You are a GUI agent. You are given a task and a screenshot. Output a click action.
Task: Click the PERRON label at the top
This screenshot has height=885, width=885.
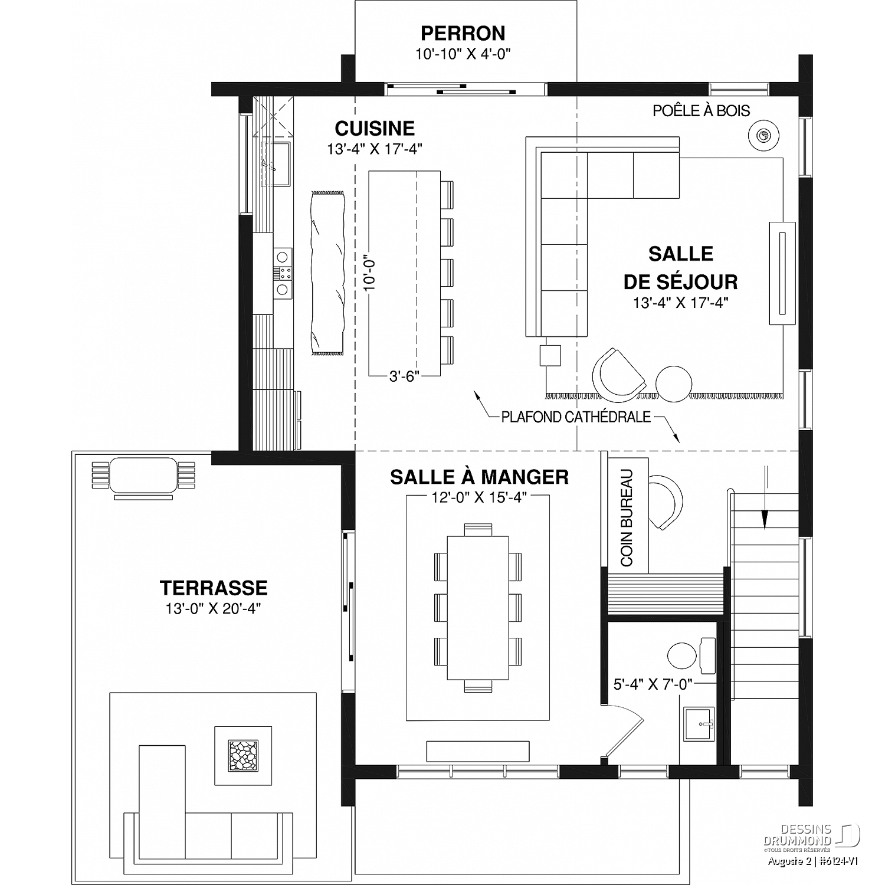tap(463, 32)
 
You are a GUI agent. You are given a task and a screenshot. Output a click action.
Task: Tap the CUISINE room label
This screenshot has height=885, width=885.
tap(375, 128)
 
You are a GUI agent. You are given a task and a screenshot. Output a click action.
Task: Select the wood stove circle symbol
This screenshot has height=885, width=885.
tap(763, 136)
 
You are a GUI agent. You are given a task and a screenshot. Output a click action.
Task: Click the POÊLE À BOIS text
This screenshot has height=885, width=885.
tap(702, 110)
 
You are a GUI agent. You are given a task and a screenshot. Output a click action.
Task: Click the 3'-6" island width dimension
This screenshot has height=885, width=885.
tap(404, 376)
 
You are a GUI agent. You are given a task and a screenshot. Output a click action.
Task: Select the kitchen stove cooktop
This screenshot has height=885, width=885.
tap(283, 273)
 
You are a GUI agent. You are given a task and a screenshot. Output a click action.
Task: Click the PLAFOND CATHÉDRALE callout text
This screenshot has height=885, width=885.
tap(576, 417)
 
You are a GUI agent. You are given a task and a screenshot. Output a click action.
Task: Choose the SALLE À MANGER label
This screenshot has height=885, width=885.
tap(479, 477)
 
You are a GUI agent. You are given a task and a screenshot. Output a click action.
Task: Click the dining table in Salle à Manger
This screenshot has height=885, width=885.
tap(478, 608)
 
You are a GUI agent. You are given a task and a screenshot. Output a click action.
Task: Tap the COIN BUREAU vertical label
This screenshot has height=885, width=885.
tap(627, 517)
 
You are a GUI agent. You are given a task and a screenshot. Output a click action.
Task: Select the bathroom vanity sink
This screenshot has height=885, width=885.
tap(699, 723)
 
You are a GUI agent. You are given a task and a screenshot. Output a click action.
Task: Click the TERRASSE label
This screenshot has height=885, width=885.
tap(214, 588)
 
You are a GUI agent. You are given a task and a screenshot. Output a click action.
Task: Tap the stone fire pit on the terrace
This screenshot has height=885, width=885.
tap(243, 755)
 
